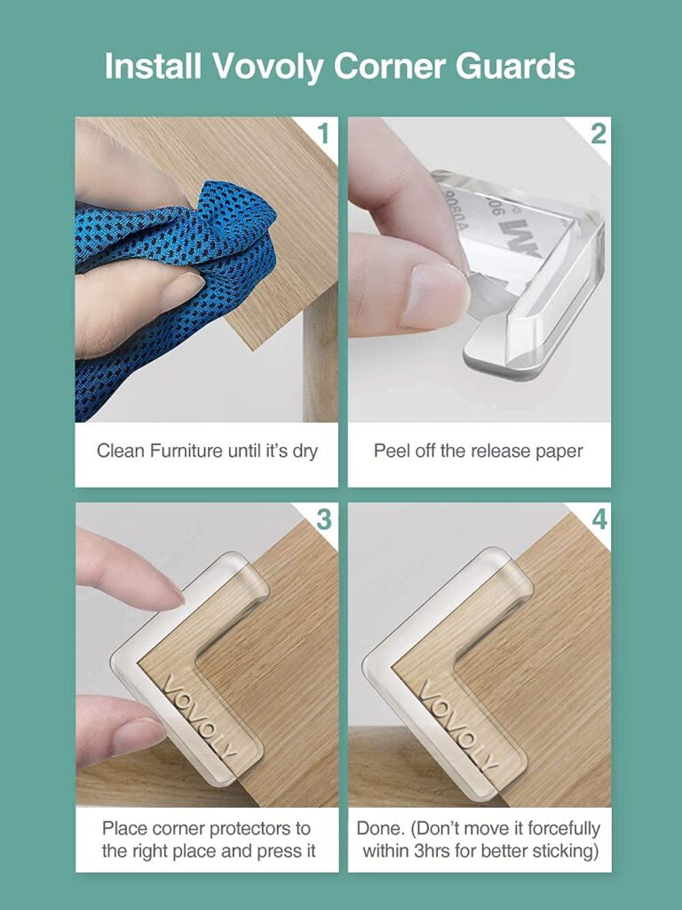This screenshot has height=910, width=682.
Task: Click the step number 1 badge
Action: pos(323,134)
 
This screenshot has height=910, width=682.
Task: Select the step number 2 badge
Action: pos(598,134)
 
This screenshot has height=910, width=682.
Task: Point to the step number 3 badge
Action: pos(323,519)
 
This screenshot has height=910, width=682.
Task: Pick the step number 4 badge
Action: pos(598,519)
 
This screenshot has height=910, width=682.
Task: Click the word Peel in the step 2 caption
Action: pos(391,451)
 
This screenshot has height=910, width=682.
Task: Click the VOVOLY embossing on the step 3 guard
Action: pos(200,716)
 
